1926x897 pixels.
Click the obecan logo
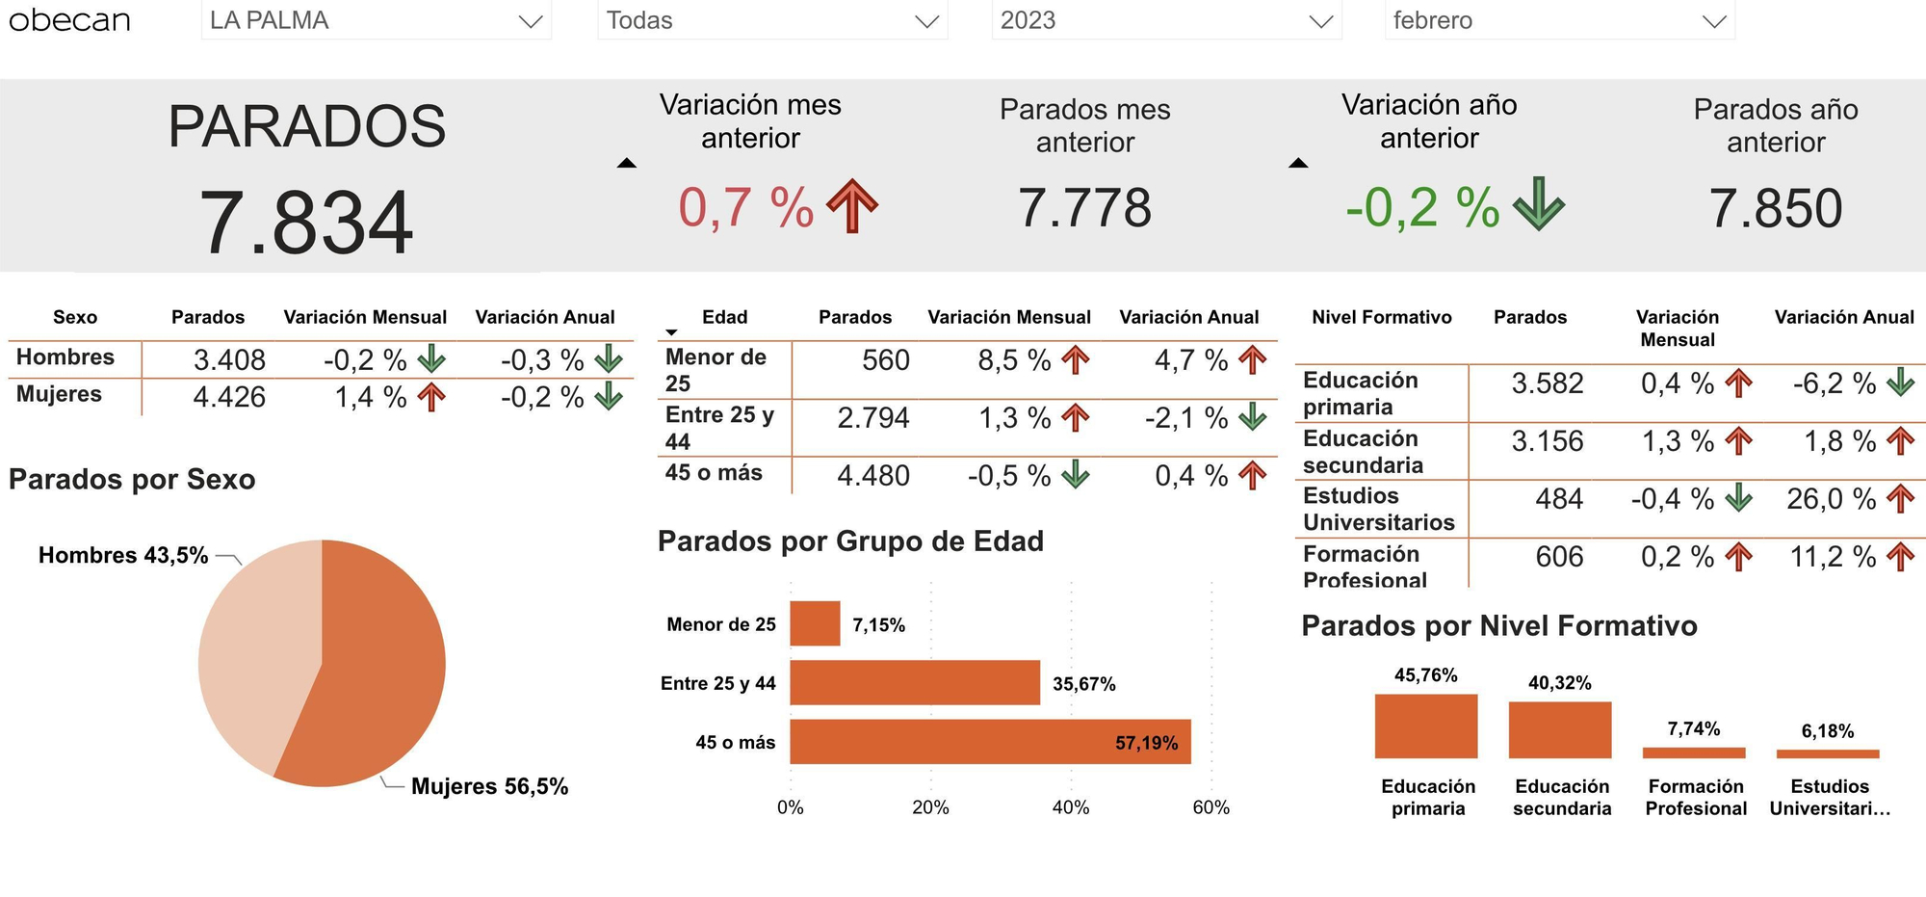coord(69,20)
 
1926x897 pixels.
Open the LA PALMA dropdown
coord(376,21)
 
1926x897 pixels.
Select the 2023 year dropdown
coord(1165,21)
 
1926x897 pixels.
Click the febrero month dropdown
coord(1559,21)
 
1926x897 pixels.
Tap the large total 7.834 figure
coord(306,224)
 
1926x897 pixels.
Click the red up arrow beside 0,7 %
coord(852,206)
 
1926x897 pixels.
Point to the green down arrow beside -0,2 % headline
coord(1538,204)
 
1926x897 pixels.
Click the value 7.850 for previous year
coord(1775,209)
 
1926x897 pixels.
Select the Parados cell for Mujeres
coord(229,397)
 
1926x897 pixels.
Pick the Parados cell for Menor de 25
coord(885,360)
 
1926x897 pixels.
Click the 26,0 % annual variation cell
coord(1831,499)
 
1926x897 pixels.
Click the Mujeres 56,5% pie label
coord(489,786)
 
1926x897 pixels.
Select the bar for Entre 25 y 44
coord(915,683)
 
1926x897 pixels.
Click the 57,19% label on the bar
coord(1146,743)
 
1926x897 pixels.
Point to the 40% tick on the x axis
coord(1071,807)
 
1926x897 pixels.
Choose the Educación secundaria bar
coord(1559,730)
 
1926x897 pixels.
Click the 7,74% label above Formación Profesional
coord(1693,729)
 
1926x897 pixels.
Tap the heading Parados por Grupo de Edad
coord(850,541)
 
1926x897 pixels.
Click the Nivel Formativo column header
coord(1381,317)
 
